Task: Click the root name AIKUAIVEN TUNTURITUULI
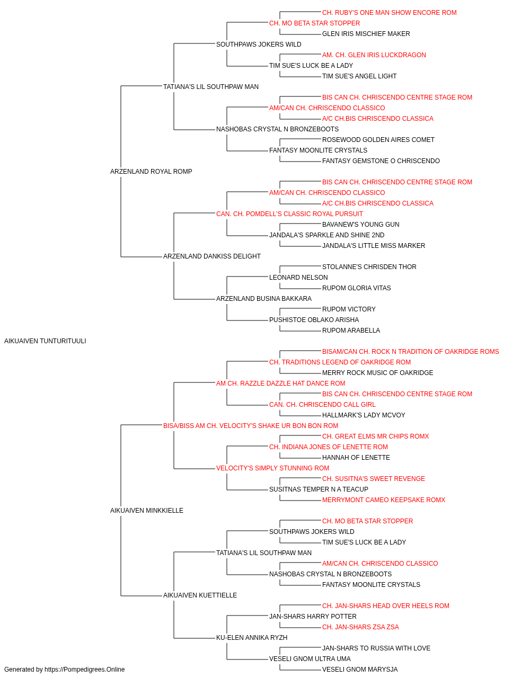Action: point(45,341)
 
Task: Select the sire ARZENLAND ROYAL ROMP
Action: point(151,171)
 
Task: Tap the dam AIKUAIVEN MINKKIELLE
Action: point(147,511)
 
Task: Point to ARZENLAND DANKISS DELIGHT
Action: point(212,256)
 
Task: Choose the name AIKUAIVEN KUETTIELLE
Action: point(200,595)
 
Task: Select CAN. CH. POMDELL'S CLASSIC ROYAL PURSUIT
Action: point(290,213)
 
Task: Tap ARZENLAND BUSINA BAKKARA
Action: point(264,299)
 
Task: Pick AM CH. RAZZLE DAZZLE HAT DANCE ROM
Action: point(281,383)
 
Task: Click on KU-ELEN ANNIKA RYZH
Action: point(252,638)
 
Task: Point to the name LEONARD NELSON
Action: point(299,278)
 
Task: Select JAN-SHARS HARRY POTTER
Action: point(313,617)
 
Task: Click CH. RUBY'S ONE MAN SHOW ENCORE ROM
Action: point(390,13)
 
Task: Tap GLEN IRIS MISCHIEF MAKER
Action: point(366,34)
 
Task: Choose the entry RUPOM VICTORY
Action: point(349,309)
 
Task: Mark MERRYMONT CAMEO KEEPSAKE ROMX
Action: point(384,500)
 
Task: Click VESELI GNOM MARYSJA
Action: point(360,670)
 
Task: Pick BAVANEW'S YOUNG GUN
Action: point(361,225)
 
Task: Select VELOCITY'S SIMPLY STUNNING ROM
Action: point(273,468)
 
